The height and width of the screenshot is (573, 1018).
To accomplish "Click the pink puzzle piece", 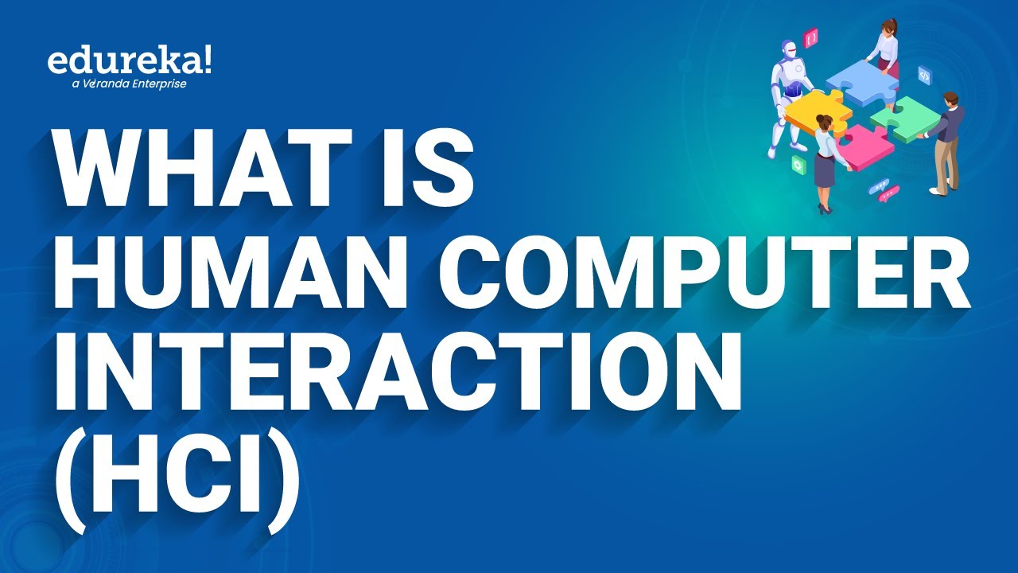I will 863,147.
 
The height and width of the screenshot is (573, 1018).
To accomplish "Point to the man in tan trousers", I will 946,143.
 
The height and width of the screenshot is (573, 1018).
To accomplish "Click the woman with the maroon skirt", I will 884,48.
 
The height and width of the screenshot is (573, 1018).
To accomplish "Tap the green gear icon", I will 798,164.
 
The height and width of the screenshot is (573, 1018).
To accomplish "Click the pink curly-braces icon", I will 810,37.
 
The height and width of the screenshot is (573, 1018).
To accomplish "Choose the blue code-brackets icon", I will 924,75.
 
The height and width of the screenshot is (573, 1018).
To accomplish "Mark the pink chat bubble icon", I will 889,193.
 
